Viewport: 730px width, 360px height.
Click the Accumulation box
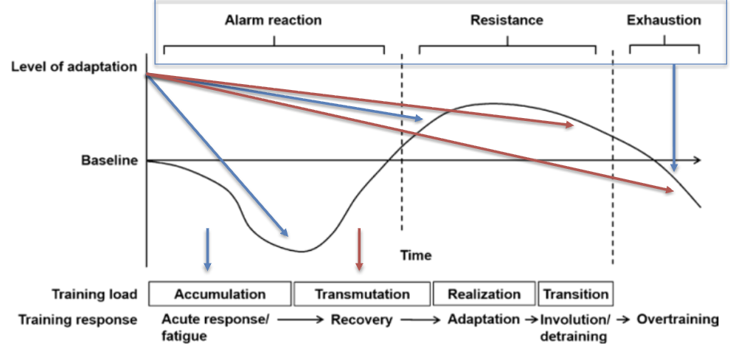pos(220,294)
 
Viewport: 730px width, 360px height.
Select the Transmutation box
pos(362,294)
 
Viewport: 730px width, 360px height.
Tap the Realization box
pos(484,294)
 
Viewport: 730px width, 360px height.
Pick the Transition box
pos(576,294)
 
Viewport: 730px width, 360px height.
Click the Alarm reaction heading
pos(273,20)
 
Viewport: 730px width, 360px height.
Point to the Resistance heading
pos(507,20)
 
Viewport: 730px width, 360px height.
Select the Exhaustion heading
pos(664,20)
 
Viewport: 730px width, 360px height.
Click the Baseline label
pos(109,160)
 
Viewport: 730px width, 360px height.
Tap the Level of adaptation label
pos(74,66)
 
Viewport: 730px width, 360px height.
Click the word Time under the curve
pos(416,255)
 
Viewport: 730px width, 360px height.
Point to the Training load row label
pos(94,294)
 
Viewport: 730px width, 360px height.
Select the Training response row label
pos(78,320)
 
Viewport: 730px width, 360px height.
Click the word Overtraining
pos(678,319)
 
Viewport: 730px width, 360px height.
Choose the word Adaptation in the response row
pos(484,319)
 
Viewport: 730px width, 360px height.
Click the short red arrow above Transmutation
pos(359,248)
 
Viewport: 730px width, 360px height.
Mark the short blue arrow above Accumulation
pos(208,248)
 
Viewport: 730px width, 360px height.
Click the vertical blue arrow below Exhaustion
pos(674,118)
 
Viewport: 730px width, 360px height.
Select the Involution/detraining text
pos(574,328)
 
